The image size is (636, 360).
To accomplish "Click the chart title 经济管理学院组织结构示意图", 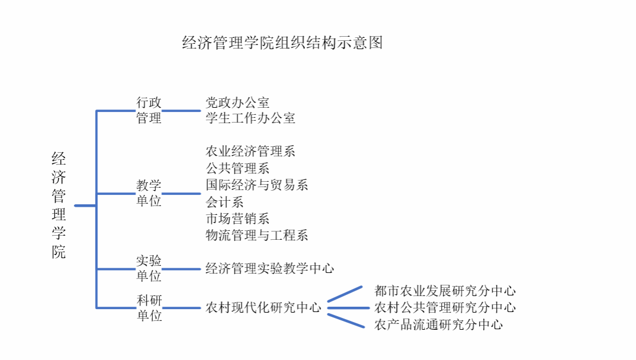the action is (282, 43).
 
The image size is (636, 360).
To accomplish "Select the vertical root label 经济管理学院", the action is (59, 205).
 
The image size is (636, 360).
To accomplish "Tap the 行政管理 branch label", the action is (149, 110).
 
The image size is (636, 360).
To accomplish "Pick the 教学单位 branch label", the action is (149, 194).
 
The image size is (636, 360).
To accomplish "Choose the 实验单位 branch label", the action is (149, 268).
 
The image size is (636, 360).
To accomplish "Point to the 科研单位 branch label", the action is (149, 308).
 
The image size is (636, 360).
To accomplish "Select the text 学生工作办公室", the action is (250, 118).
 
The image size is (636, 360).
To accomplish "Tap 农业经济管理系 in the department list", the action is (250, 151).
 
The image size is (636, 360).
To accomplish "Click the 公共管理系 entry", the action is (237, 168).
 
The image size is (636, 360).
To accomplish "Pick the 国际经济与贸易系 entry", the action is (257, 185).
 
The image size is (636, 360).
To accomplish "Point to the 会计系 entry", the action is (224, 202).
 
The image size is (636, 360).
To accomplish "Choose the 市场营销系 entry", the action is (237, 218).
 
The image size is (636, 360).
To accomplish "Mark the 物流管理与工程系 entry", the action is (257, 235).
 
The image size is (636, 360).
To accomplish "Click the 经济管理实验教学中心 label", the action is (269, 268).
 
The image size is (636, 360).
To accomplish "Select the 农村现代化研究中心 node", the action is (264, 308).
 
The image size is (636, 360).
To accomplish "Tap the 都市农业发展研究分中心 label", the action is (445, 291).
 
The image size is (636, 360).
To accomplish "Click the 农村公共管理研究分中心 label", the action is (445, 308).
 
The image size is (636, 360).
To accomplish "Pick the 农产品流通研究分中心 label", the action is (438, 324).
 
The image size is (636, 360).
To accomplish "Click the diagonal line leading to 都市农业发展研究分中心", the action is (345, 294).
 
